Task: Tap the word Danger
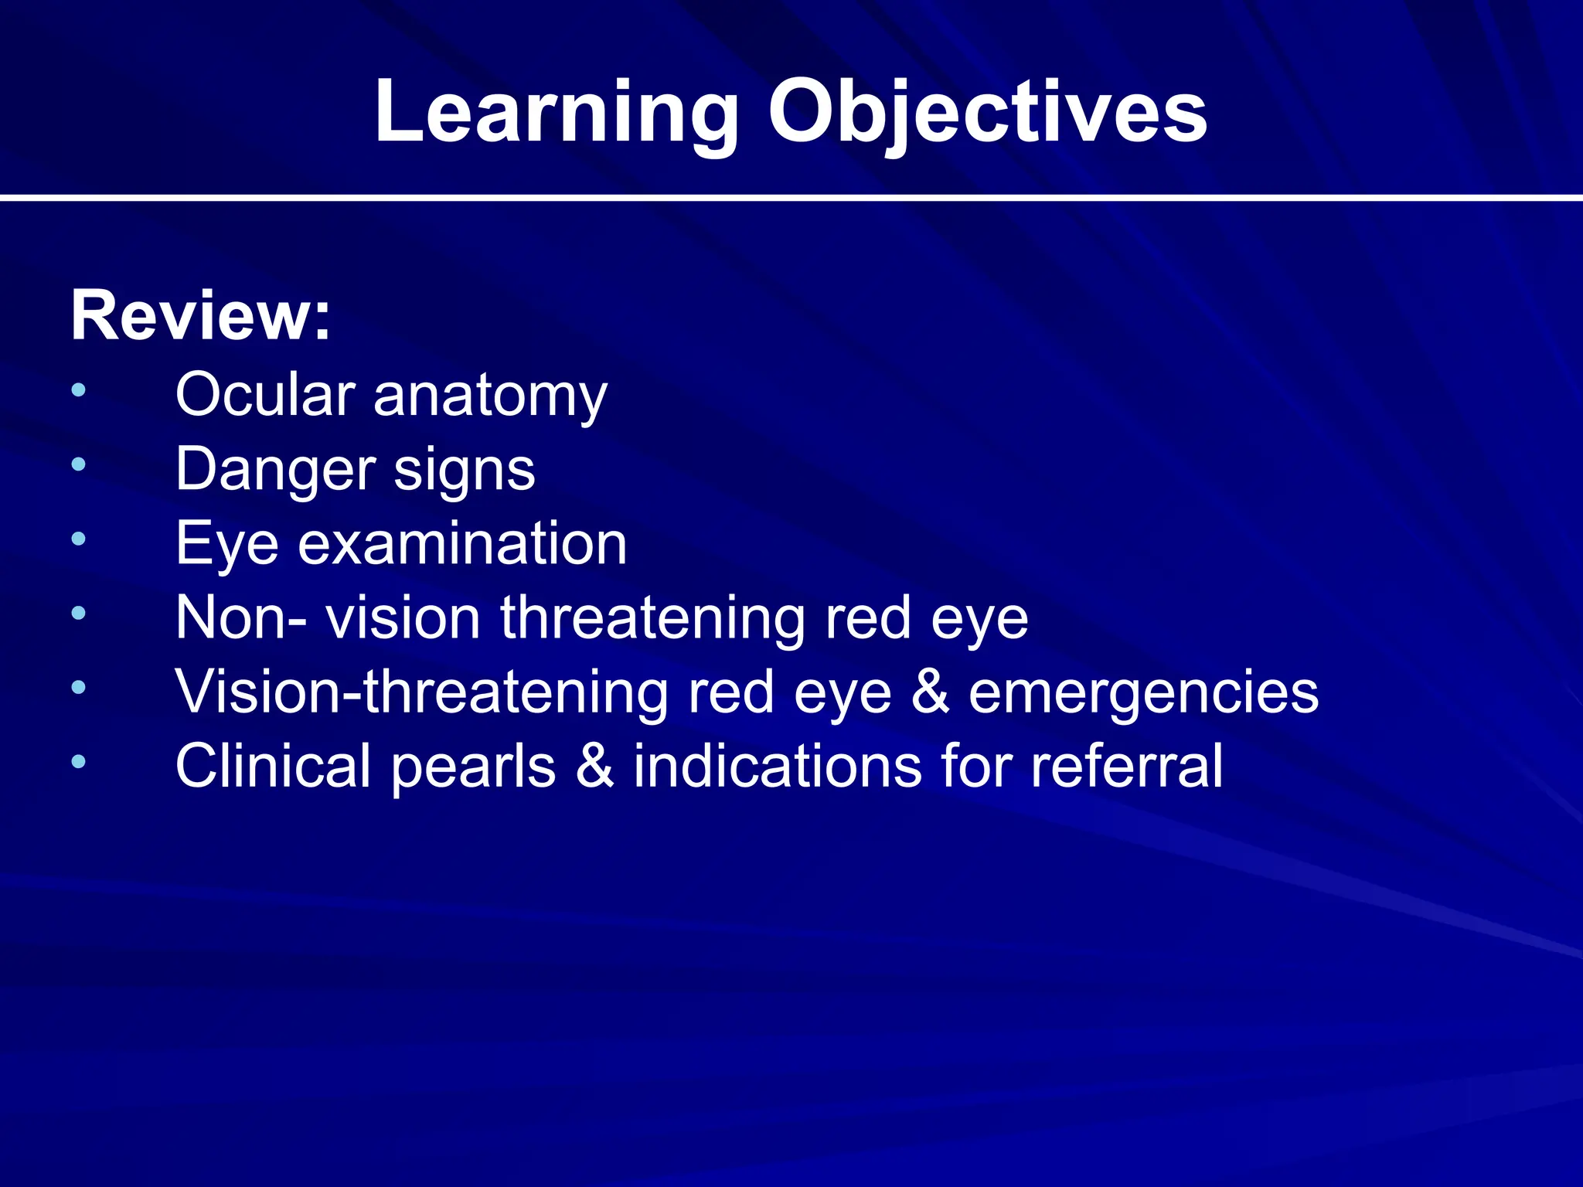pos(274,470)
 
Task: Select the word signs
pos(464,471)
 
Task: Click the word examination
pos(462,543)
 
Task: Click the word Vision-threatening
pos(421,692)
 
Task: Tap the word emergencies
pos(1143,693)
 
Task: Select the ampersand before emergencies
pos(930,692)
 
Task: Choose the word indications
pos(778,766)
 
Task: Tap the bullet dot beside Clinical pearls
pos(78,762)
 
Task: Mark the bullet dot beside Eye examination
pos(78,539)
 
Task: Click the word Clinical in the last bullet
pos(274,766)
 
